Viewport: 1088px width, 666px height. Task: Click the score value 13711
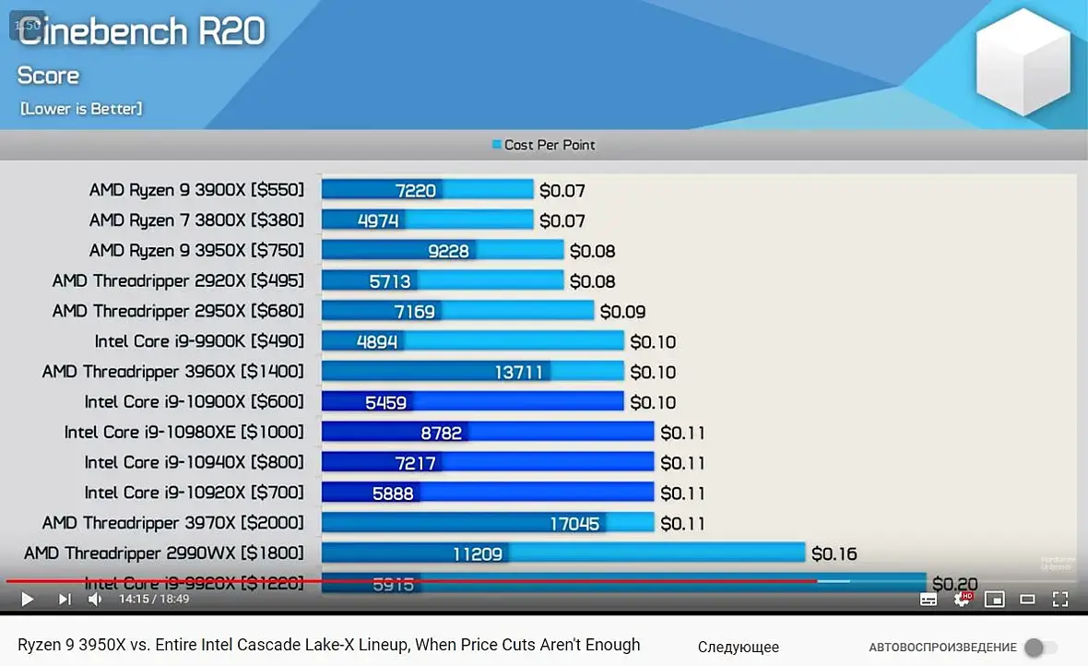(518, 372)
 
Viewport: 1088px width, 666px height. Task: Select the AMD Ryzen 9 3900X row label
(196, 190)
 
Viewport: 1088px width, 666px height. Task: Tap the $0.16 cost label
(834, 553)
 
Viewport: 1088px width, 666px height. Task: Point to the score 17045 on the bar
(574, 524)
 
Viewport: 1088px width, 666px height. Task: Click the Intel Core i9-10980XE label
(183, 432)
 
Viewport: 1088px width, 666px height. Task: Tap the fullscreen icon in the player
(1060, 599)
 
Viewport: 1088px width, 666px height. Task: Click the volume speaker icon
(95, 600)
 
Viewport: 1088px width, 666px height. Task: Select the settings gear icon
(962, 599)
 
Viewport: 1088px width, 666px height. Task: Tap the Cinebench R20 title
(142, 32)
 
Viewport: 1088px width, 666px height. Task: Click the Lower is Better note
(81, 109)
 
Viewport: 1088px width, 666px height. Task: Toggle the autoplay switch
(1040, 648)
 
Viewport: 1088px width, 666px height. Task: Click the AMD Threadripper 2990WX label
(164, 553)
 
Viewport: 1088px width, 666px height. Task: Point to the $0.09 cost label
(622, 312)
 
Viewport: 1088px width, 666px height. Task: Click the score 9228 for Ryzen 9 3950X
(447, 251)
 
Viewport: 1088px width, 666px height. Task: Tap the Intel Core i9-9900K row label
(199, 341)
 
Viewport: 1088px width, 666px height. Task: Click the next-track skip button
(64, 600)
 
